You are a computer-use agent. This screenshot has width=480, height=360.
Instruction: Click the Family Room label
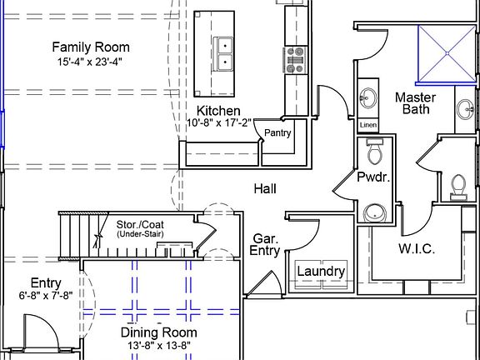coord(91,47)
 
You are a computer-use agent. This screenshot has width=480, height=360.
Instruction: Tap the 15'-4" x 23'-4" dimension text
coord(90,62)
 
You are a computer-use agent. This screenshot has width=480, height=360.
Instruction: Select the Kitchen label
coord(218,111)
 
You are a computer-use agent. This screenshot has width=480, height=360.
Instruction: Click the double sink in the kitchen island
coord(222,54)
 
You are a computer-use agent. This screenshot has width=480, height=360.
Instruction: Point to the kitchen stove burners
coord(295,60)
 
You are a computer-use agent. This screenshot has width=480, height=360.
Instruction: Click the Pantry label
coord(277,132)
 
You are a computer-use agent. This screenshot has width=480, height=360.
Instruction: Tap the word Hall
coord(265,188)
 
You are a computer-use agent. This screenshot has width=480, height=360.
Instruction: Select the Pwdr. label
coord(373,177)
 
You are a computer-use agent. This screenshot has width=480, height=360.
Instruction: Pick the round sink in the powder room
coord(375,212)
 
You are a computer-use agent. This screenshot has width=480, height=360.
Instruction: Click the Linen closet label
coord(368,125)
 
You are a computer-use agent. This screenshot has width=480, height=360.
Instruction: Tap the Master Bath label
coord(415,103)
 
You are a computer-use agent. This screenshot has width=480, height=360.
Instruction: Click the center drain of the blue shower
coord(447,53)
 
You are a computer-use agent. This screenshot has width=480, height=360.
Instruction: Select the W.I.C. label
coord(417,248)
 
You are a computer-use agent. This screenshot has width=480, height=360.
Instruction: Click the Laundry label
coord(321,271)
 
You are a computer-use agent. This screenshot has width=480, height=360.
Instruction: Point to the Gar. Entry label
coord(265,245)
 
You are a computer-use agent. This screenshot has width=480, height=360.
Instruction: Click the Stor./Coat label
coord(140,224)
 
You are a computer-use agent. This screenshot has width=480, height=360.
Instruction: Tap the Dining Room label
coord(158,332)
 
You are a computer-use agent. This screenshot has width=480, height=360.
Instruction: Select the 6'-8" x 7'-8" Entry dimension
coord(46,295)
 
